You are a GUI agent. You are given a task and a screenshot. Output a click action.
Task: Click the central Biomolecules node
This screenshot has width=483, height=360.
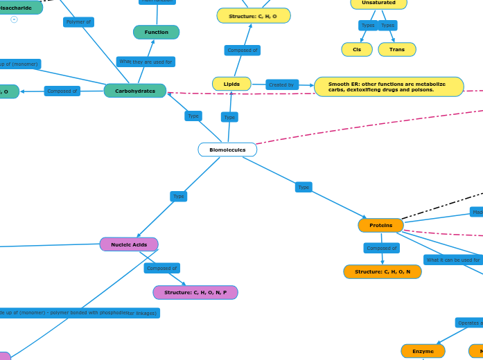click(227, 150)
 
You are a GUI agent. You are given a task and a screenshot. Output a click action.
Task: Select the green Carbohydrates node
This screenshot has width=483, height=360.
click(135, 91)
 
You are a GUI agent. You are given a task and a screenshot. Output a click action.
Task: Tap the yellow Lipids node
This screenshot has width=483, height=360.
click(231, 84)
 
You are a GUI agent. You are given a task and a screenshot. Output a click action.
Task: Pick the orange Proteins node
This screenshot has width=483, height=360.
click(380, 225)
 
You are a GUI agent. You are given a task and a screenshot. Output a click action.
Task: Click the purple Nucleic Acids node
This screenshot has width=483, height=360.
click(129, 244)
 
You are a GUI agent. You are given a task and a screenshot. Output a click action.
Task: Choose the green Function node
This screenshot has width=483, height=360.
click(156, 32)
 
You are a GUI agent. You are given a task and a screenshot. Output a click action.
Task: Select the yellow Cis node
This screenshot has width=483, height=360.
click(357, 49)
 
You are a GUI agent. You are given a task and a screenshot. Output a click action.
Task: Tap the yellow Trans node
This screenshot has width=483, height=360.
click(397, 49)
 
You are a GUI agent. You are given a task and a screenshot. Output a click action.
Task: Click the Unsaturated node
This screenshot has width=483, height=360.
click(378, 3)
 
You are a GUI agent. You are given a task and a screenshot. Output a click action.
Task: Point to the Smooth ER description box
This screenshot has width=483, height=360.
click(389, 87)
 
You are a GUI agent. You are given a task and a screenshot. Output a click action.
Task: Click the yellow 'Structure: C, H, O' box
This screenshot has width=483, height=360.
click(254, 15)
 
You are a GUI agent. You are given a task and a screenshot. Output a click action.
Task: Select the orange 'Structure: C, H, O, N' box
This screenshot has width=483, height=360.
click(383, 271)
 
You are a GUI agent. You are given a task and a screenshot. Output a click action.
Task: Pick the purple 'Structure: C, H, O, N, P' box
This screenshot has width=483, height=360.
click(195, 292)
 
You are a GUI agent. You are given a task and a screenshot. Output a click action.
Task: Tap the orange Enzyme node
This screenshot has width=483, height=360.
click(423, 351)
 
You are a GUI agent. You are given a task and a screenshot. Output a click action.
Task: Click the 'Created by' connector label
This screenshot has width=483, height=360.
click(282, 84)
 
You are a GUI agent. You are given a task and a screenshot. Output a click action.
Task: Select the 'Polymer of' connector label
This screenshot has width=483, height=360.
click(78, 22)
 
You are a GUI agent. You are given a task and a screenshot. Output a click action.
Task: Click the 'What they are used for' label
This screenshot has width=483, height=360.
click(146, 62)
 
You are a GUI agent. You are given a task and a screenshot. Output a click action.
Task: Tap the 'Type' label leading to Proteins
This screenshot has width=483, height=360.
click(304, 187)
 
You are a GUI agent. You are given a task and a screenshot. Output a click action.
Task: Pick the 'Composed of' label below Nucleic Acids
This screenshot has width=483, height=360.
click(162, 268)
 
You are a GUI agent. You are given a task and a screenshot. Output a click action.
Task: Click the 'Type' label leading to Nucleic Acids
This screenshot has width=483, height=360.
click(179, 196)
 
